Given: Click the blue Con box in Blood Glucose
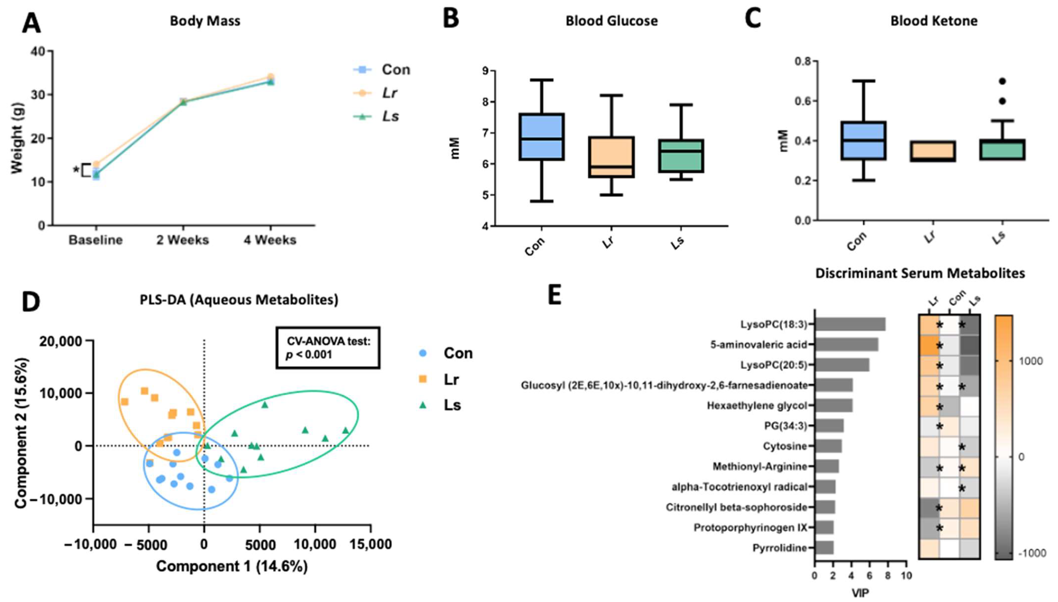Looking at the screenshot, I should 541,136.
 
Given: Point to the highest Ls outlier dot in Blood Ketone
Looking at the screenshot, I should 1002,81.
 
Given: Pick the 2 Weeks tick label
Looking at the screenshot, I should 182,240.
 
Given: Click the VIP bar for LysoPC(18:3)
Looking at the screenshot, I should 850,325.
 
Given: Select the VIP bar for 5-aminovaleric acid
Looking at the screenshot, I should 846,345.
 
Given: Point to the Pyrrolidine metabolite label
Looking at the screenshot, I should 780,548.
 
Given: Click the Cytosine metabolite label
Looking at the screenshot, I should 785,446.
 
